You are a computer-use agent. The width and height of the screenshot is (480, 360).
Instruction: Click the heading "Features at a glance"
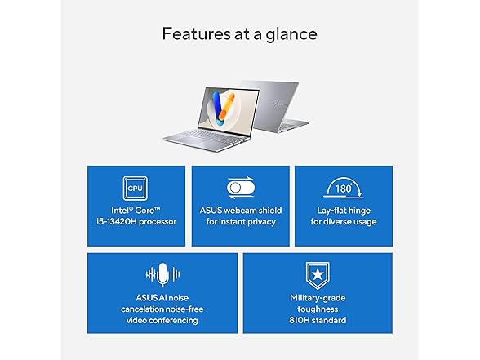point(239,34)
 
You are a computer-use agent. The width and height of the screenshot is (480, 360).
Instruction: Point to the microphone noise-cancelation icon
point(162,274)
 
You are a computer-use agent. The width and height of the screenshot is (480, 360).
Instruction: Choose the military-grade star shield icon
point(317,273)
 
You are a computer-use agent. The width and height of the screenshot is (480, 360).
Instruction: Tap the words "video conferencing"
point(162,320)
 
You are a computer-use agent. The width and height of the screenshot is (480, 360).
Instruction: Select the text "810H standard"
point(317,320)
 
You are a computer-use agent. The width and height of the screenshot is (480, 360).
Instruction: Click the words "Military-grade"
point(317,297)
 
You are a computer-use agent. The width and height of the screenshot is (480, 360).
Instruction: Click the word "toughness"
point(317,309)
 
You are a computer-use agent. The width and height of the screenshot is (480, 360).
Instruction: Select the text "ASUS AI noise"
point(162,297)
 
